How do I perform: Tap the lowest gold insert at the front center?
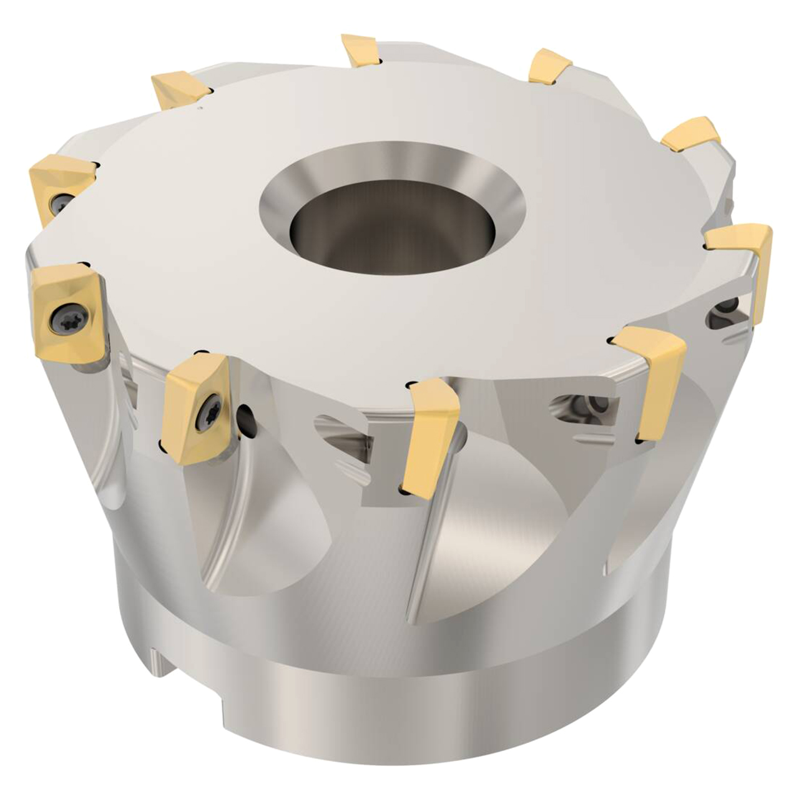coord(431,437)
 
